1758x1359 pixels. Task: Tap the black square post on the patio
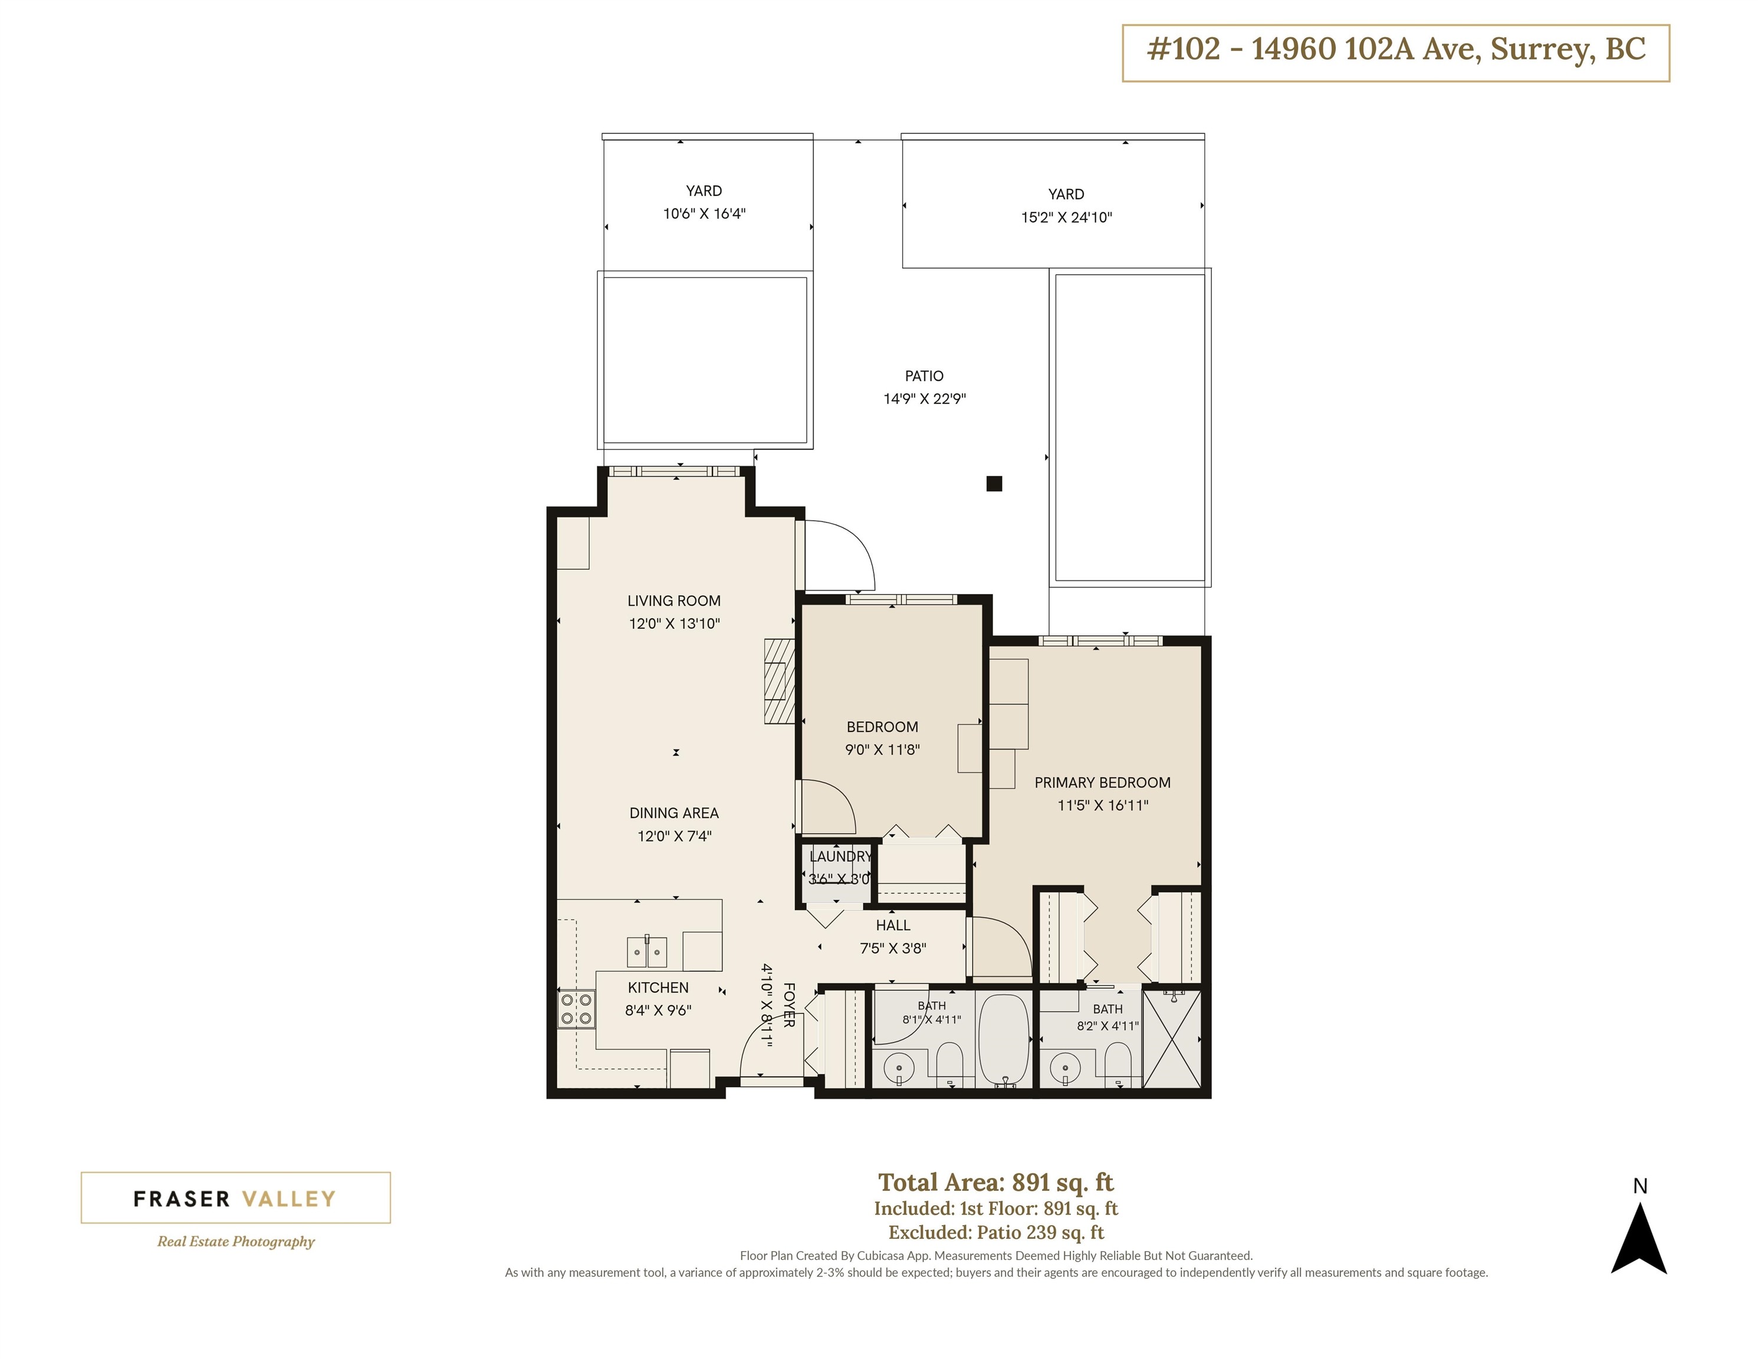994,484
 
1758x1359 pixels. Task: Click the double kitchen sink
646,951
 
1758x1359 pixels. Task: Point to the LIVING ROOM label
673,600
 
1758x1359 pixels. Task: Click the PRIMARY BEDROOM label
1102,783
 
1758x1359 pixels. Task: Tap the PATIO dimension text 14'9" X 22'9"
924,399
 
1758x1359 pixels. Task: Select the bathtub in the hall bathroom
1004,1040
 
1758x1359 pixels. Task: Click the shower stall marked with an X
1171,1039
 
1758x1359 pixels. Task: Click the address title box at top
1396,53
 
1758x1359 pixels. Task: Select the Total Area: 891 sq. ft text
995,1182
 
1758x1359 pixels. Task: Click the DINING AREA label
673,813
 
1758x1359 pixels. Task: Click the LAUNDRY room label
840,856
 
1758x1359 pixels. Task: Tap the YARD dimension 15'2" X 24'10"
1067,218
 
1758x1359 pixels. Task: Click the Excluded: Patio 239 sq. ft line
995,1233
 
